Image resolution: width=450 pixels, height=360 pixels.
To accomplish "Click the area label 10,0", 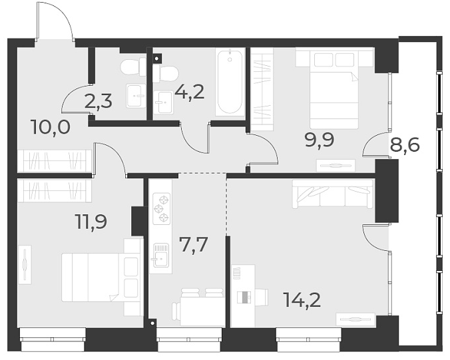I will point(51,126).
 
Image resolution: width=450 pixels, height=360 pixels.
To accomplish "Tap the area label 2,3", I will point(98,102).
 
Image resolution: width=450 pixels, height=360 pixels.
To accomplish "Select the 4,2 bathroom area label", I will point(188,91).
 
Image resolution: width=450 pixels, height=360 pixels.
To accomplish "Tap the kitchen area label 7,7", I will point(194,245).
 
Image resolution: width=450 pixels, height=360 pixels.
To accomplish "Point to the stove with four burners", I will point(160,208).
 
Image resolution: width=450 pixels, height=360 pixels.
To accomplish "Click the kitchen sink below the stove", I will point(160,254).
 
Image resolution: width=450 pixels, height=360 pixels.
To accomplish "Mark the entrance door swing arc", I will point(63,20).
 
